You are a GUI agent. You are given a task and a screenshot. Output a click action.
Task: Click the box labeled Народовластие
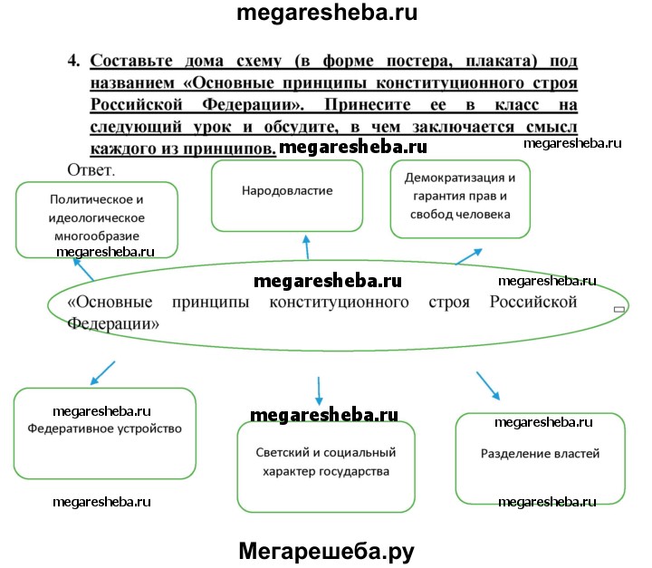pyautogui.click(x=287, y=196)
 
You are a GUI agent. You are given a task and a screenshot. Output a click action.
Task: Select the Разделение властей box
pyautogui.click(x=540, y=457)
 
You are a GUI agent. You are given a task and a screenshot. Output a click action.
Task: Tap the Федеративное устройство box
pyautogui.click(x=105, y=433)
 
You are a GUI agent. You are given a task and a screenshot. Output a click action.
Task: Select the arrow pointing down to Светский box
pyautogui.click(x=319, y=391)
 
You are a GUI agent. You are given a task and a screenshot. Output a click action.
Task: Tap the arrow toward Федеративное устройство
pyautogui.click(x=103, y=371)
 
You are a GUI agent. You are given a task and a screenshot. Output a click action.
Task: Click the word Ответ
pyautogui.click(x=91, y=169)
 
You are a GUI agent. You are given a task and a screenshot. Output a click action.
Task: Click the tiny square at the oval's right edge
pyautogui.click(x=619, y=310)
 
